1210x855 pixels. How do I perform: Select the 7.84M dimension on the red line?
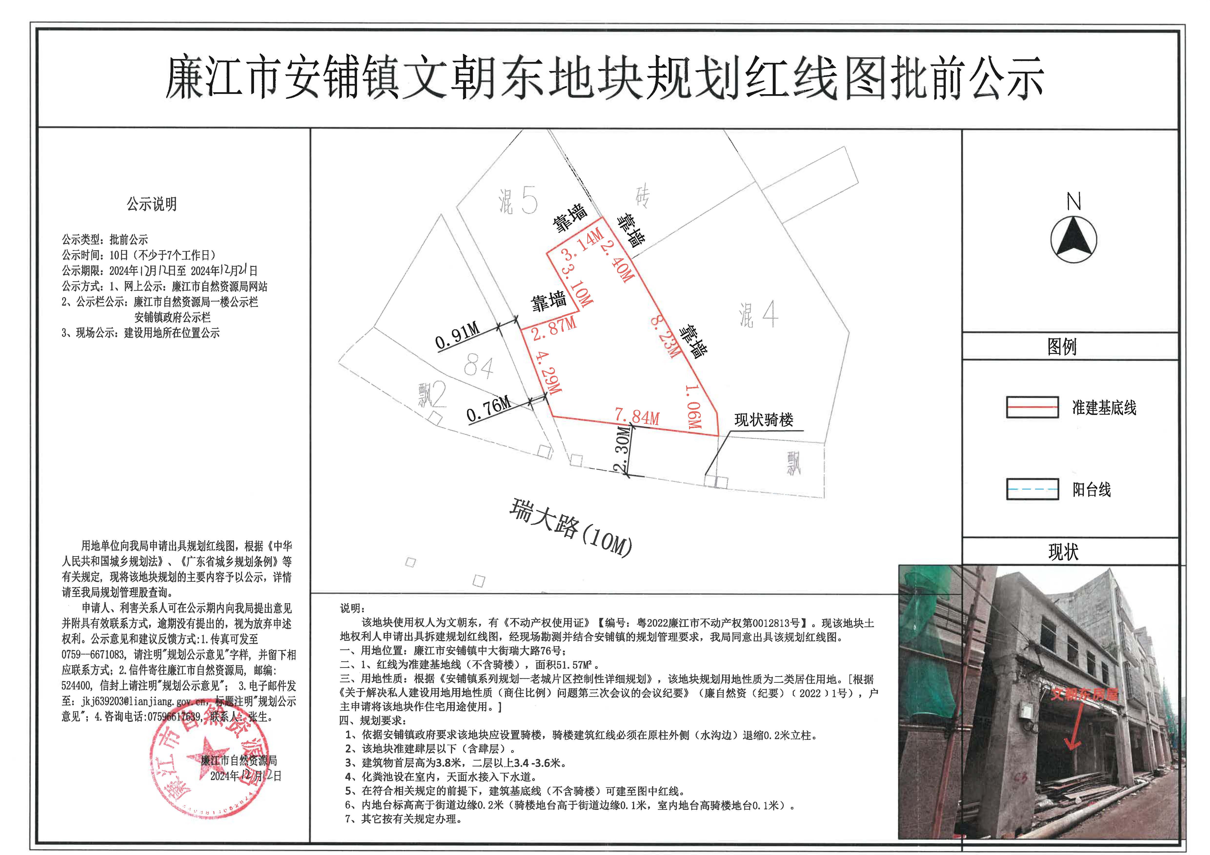[637, 416]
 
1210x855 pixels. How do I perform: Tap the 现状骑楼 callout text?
[764, 420]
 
